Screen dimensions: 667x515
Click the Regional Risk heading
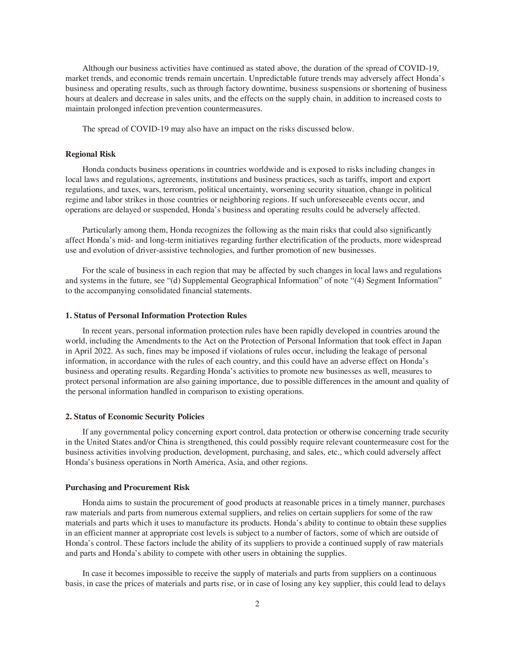[x=90, y=154]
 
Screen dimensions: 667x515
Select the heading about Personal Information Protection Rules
[x=156, y=315]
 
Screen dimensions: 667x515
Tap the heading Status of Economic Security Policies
[x=135, y=416]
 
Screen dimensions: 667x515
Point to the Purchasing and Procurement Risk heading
[x=127, y=487]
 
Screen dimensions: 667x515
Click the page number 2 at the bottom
[x=257, y=603]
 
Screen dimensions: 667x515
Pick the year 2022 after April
[x=103, y=351]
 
